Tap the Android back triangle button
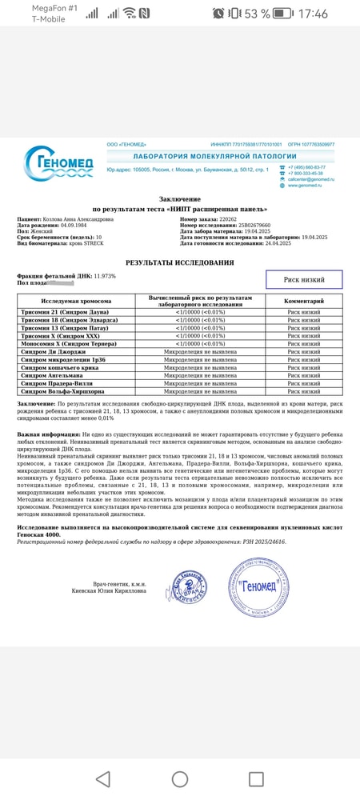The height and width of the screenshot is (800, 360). (x=102, y=778)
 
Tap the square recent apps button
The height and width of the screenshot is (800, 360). (x=256, y=778)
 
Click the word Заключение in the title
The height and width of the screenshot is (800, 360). (x=180, y=199)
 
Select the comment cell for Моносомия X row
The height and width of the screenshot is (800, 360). (x=303, y=344)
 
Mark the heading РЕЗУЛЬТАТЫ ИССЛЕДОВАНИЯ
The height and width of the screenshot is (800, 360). (x=180, y=262)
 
